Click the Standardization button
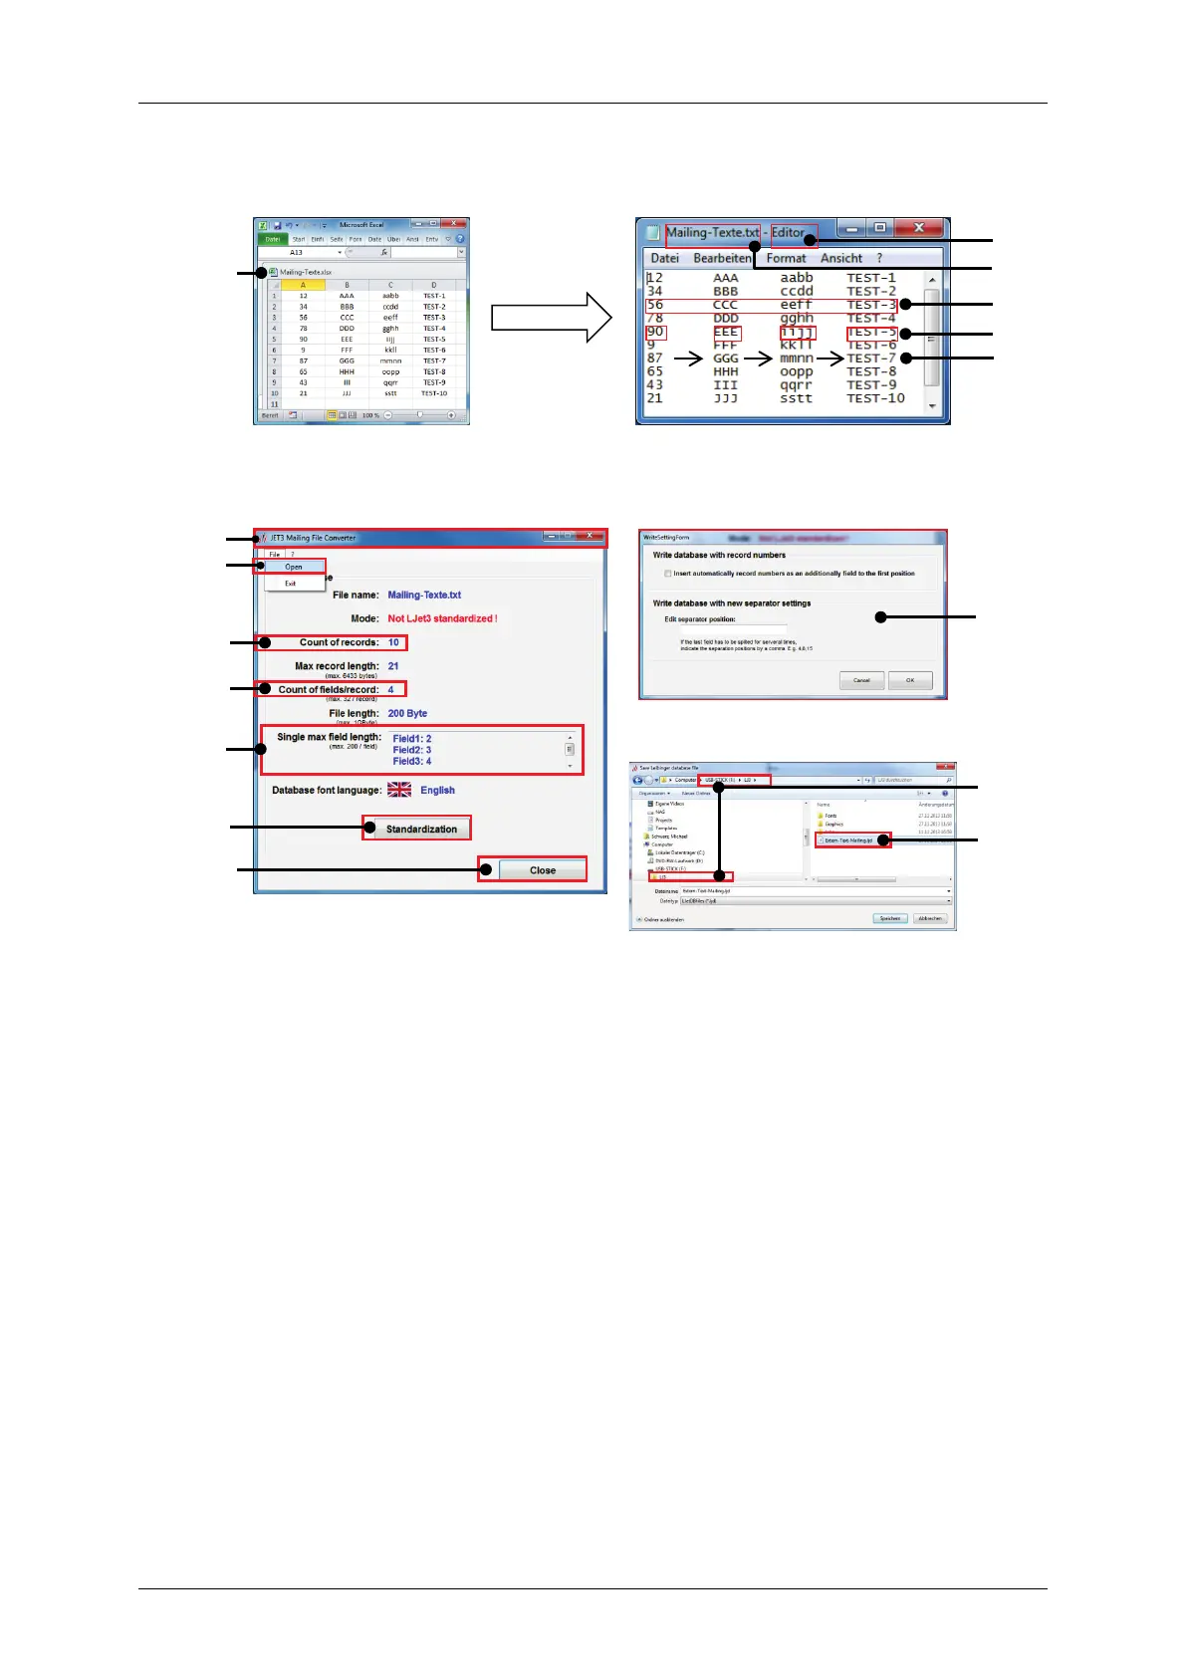click(x=421, y=829)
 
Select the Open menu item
click(x=294, y=567)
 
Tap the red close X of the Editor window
click(x=918, y=228)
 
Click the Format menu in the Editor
click(x=786, y=258)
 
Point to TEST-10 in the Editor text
click(x=875, y=398)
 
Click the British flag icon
click(x=399, y=790)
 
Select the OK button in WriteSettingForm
click(x=909, y=680)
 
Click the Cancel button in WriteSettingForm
click(x=861, y=680)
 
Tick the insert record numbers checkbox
click(x=668, y=574)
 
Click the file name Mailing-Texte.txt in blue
click(x=424, y=595)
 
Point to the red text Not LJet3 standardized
click(x=442, y=618)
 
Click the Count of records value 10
click(x=393, y=642)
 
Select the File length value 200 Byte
click(x=407, y=713)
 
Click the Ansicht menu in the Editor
click(x=840, y=258)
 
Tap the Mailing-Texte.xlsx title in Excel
click(x=305, y=272)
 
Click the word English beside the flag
click(x=437, y=790)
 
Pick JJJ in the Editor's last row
click(x=726, y=398)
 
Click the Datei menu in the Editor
click(x=664, y=258)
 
